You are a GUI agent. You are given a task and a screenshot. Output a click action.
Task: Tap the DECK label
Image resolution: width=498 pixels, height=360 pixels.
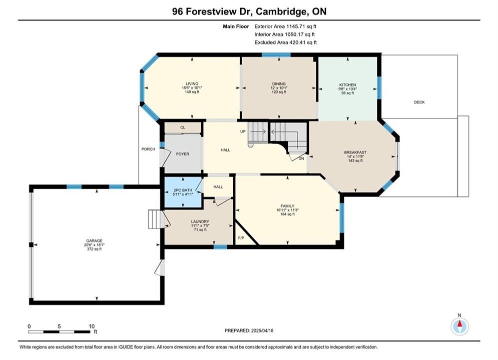pyautogui.click(x=419, y=102)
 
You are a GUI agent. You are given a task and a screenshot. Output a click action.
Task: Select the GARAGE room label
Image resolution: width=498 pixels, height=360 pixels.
pyautogui.click(x=94, y=240)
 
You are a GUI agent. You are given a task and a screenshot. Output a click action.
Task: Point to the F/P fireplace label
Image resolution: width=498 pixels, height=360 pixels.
pyautogui.click(x=241, y=238)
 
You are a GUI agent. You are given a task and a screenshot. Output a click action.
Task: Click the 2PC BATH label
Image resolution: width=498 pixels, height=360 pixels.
pyautogui.click(x=183, y=190)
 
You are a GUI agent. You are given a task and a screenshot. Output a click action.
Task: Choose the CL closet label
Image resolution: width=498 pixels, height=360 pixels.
pyautogui.click(x=183, y=127)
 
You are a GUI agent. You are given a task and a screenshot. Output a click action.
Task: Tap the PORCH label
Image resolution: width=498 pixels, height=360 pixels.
pyautogui.click(x=148, y=149)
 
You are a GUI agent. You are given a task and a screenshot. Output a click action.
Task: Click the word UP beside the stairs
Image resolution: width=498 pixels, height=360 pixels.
pyautogui.click(x=243, y=131)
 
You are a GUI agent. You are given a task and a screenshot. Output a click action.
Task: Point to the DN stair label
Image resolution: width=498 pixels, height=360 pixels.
pyautogui.click(x=301, y=158)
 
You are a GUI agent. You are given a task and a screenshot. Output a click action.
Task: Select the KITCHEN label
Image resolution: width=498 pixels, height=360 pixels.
pyautogui.click(x=347, y=85)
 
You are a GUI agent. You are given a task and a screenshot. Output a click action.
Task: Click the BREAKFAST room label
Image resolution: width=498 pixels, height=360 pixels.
pyautogui.click(x=355, y=152)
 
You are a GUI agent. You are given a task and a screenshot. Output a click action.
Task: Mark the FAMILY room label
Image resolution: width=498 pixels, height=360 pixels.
pyautogui.click(x=287, y=206)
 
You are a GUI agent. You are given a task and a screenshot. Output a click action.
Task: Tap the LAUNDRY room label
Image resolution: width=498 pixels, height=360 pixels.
pyautogui.click(x=200, y=221)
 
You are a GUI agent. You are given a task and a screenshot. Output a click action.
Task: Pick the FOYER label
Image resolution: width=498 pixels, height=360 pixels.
pyautogui.click(x=183, y=154)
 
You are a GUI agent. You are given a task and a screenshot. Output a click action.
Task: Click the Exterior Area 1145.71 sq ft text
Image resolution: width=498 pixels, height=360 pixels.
pyautogui.click(x=285, y=26)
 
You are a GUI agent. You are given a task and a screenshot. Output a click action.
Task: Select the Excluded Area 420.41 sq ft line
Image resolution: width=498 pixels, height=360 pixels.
pyautogui.click(x=285, y=42)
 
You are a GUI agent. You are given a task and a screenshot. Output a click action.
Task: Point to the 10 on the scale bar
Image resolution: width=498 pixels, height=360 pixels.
pyautogui.click(x=92, y=326)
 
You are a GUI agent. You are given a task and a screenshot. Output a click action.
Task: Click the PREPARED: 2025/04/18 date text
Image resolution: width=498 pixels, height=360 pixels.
pyautogui.click(x=249, y=330)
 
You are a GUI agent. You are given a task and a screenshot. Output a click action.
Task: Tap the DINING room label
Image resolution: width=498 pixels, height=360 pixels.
pyautogui.click(x=279, y=84)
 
